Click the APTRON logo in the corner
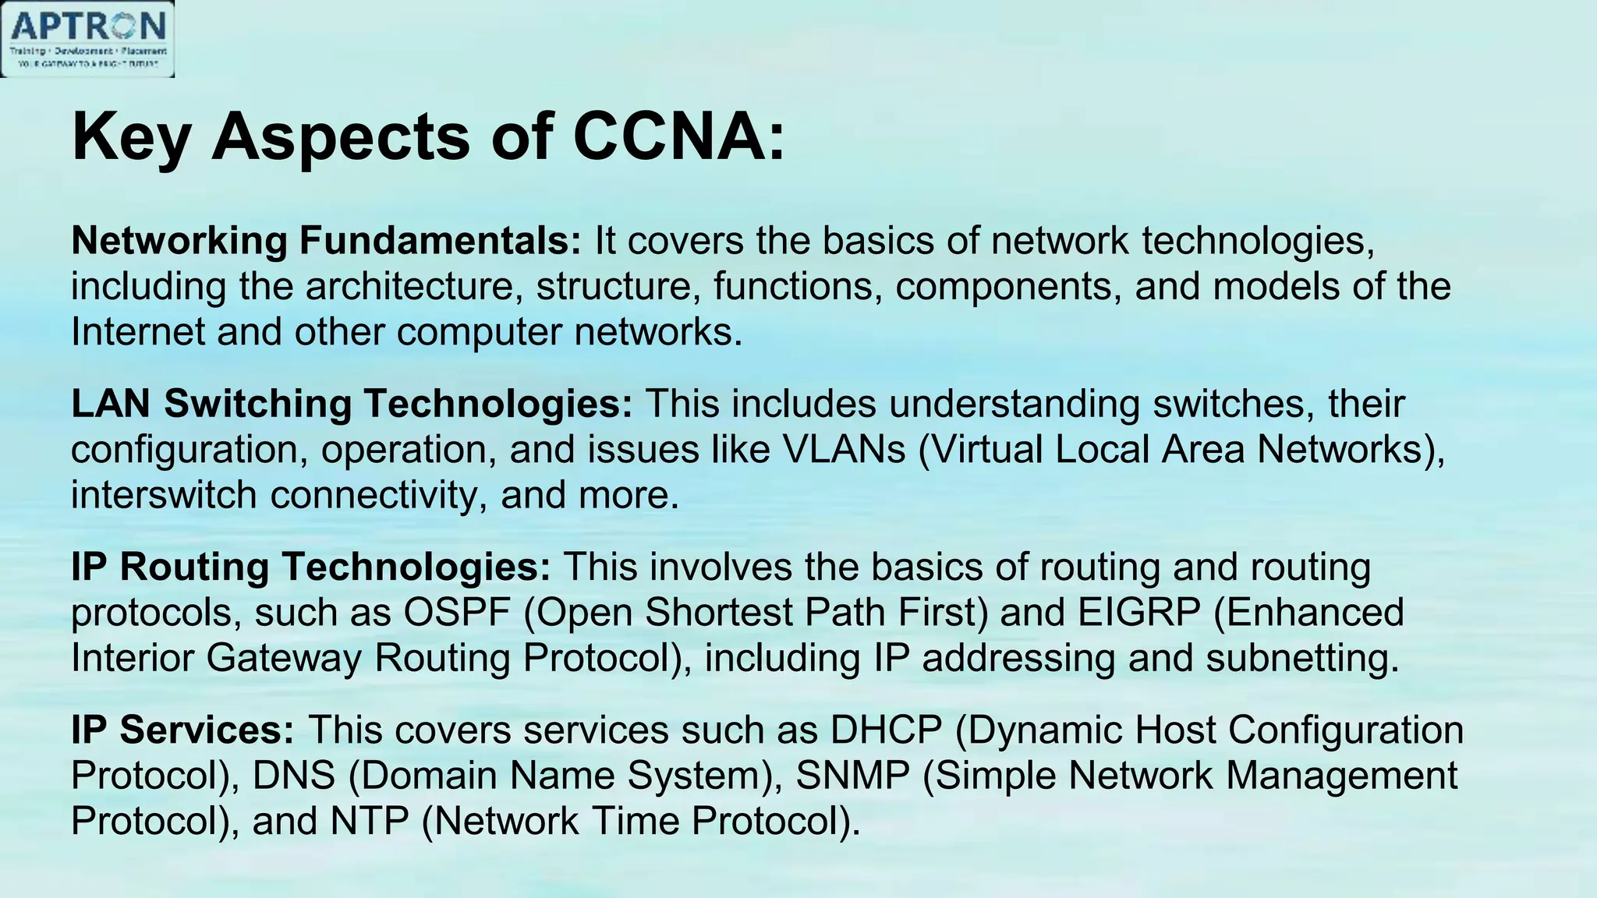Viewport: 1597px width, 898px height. (87, 39)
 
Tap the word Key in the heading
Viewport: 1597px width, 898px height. (131, 138)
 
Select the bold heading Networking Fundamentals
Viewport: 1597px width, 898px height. (326, 241)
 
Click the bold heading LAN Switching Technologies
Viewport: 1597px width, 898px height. (352, 405)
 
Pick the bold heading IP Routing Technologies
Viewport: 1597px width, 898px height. (310, 567)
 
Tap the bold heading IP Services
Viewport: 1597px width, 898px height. (182, 730)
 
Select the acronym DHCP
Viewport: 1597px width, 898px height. (886, 730)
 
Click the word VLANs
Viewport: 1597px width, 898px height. (844, 450)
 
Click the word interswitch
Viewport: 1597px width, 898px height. (164, 496)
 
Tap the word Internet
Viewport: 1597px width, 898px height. (137, 332)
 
